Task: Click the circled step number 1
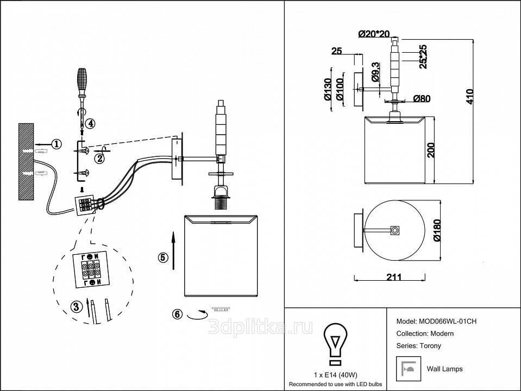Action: click(56, 144)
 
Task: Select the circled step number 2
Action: click(99, 159)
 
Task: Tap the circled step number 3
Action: click(76, 306)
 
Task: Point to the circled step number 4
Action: click(91, 123)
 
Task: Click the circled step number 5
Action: click(162, 257)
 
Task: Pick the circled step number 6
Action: click(177, 314)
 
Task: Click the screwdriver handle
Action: click(82, 79)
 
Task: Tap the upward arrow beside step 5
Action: click(173, 250)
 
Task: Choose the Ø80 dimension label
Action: click(422, 99)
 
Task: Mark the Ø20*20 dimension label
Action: click(375, 34)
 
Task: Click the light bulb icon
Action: click(335, 342)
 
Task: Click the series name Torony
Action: click(429, 345)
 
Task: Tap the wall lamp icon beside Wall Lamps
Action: click(408, 369)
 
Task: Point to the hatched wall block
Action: click(26, 162)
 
